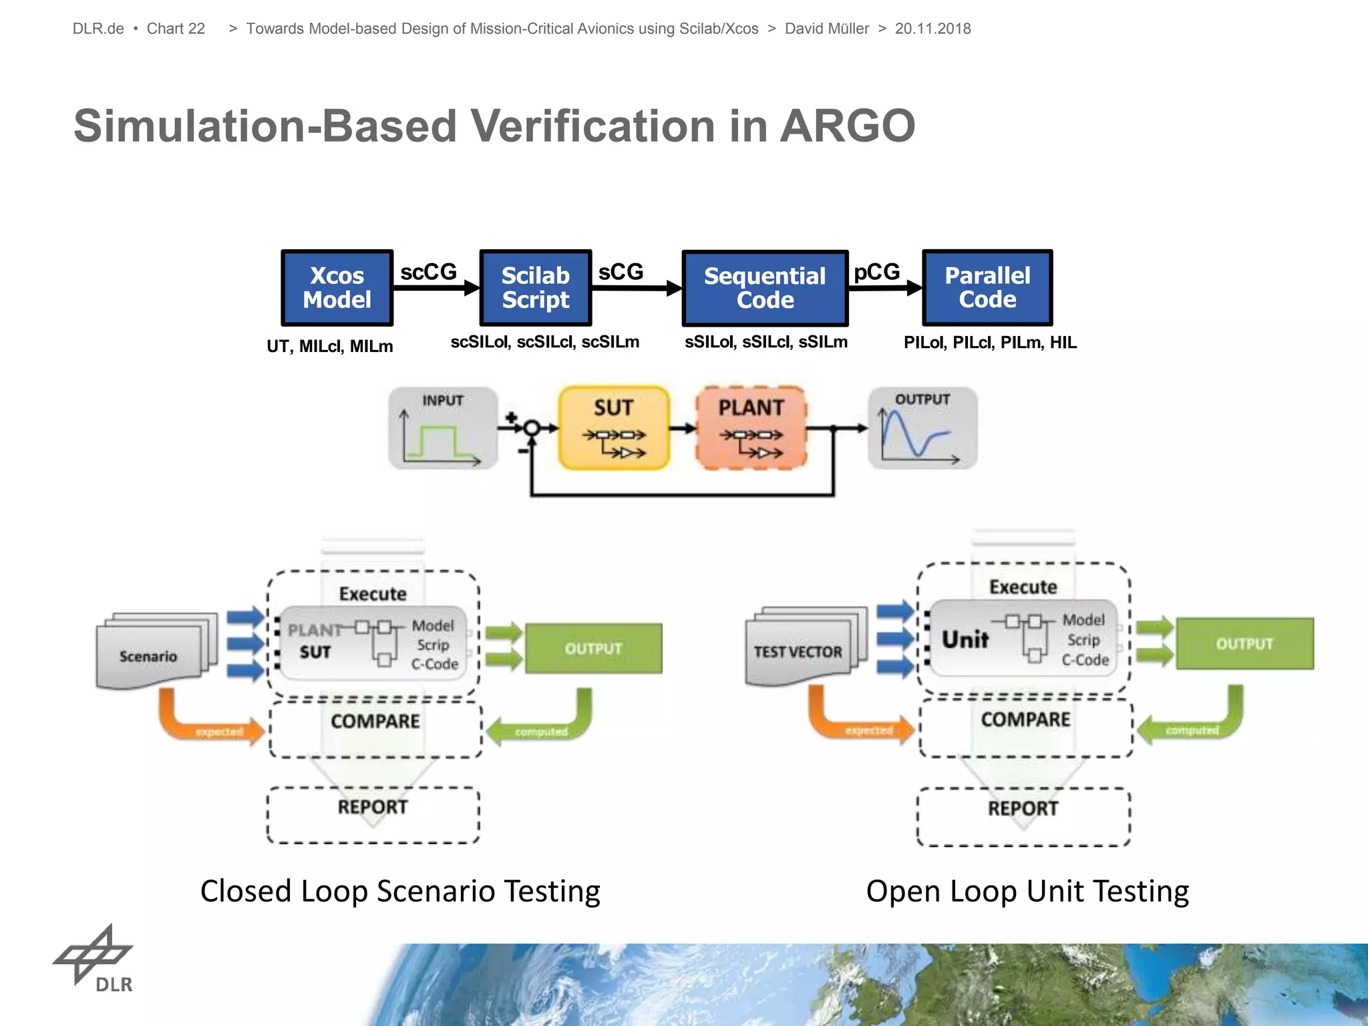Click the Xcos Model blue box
[337, 288]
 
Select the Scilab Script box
[536, 288]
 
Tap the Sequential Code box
[765, 288]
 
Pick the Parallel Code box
[987, 287]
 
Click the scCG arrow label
[428, 272]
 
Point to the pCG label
[876, 272]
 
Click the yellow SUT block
[614, 427]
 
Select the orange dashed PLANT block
[751, 427]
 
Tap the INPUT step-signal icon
[443, 428]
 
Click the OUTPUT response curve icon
[922, 428]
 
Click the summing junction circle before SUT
[532, 428]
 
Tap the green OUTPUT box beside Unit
[1244, 643]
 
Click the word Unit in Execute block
[965, 639]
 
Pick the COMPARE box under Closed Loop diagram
[375, 727]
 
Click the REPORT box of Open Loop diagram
[1023, 816]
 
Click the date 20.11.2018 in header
[932, 29]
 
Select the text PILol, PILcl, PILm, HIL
[990, 343]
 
